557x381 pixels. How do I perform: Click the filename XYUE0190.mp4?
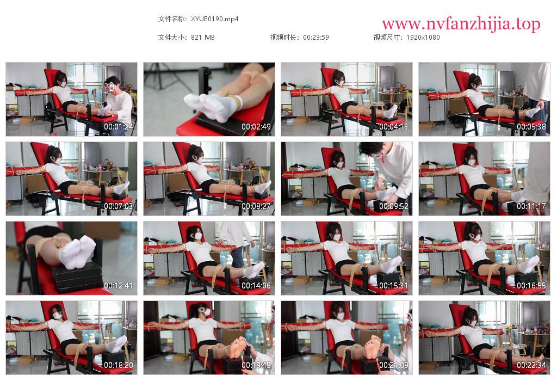[214, 19]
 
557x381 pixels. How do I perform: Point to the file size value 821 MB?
[203, 38]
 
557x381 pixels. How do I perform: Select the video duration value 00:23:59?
[316, 38]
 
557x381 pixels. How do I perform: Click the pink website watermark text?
[461, 24]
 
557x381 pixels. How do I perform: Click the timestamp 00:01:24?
[118, 126]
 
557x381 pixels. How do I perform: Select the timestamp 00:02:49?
[256, 126]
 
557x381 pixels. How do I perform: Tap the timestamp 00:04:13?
[394, 126]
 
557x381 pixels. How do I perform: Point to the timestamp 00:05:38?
[531, 126]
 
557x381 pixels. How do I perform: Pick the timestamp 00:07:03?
[118, 206]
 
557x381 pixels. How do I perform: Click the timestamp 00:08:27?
[256, 206]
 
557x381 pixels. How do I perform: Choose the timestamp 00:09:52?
[394, 206]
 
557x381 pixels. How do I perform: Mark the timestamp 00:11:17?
[531, 206]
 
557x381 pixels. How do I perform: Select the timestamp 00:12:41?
[118, 286]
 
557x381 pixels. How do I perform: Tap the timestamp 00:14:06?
[256, 286]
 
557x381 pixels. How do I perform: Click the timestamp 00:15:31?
[394, 286]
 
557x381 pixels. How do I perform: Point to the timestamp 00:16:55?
[531, 286]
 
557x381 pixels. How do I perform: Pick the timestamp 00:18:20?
[118, 365]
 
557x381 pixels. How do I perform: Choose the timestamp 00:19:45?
[256, 365]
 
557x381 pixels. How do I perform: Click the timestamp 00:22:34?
[531, 365]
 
